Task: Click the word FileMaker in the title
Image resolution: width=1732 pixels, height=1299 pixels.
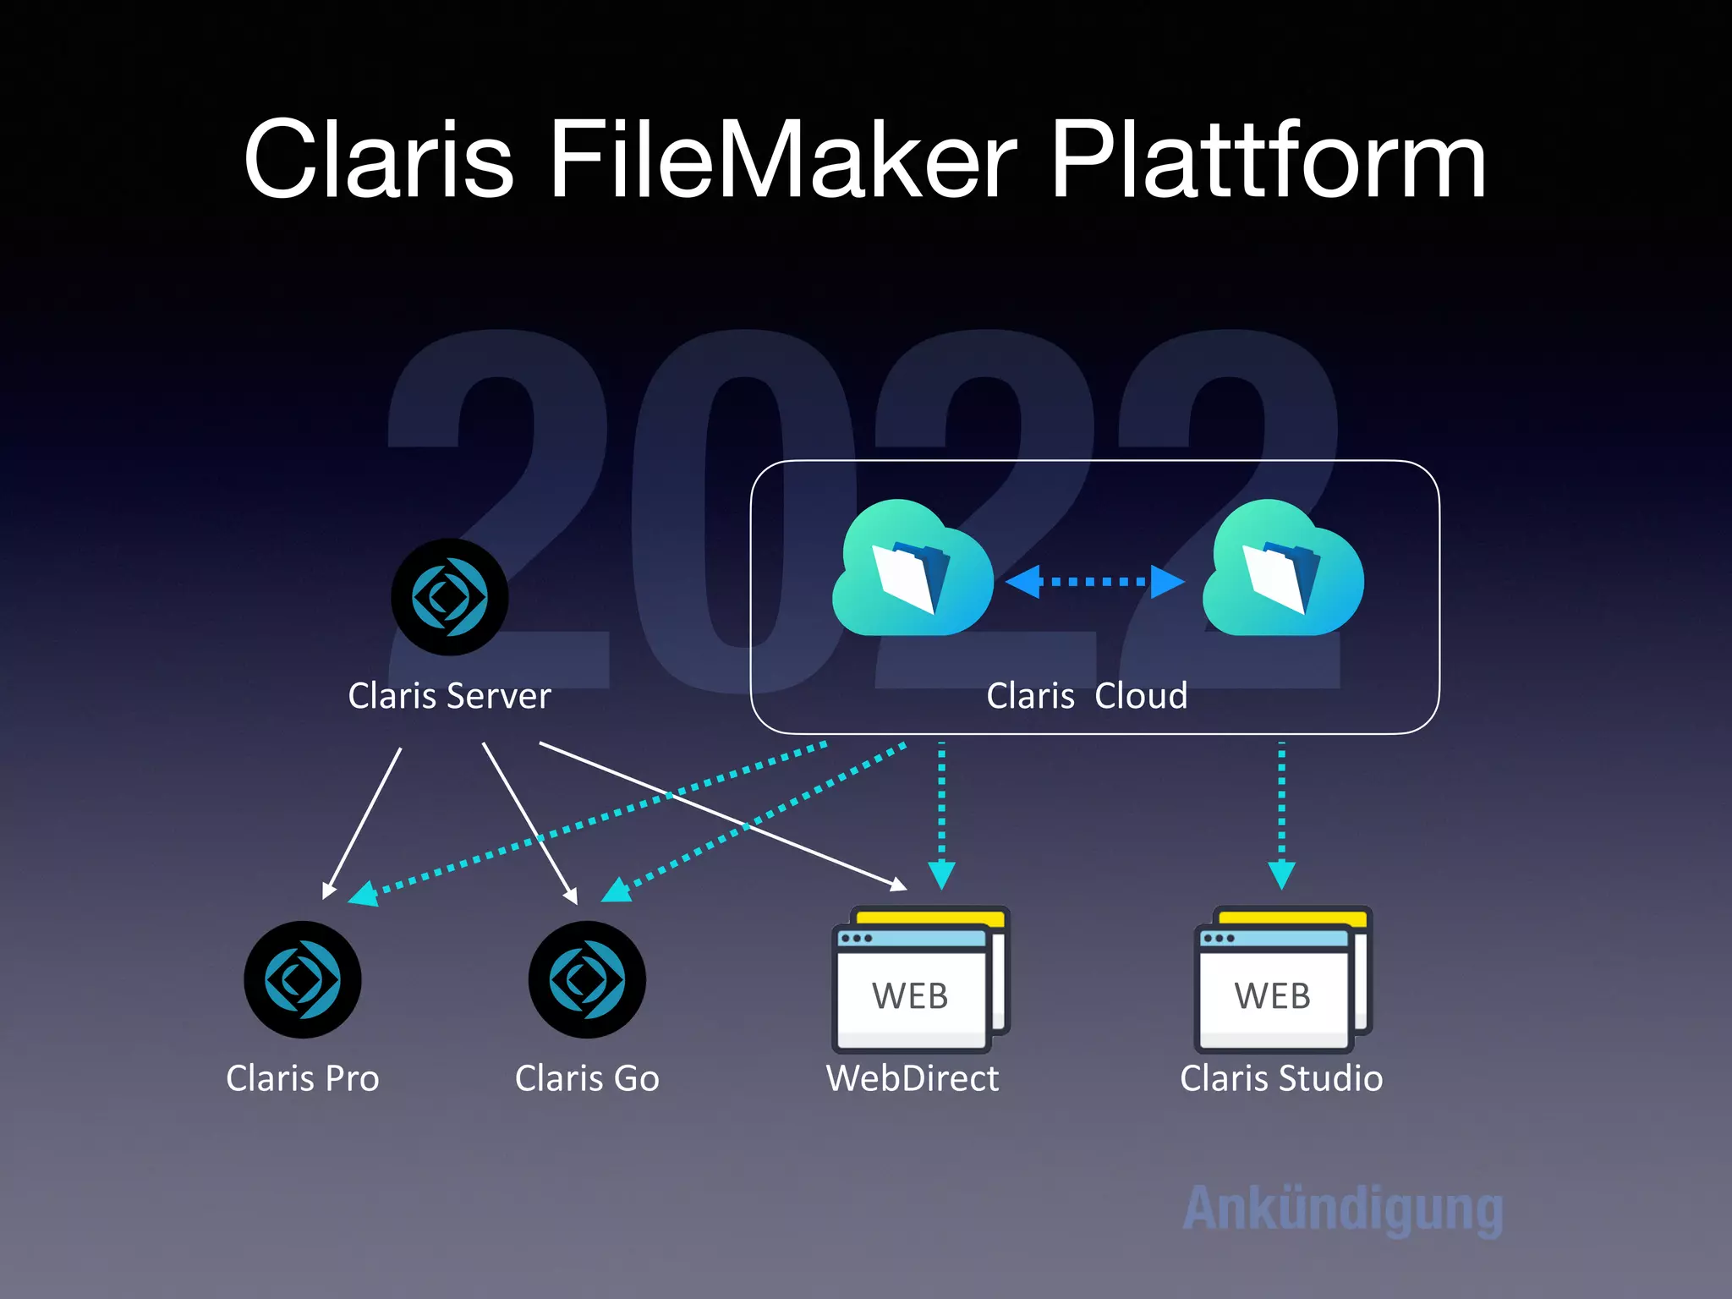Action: click(782, 161)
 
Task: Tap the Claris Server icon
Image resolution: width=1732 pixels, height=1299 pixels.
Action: click(450, 597)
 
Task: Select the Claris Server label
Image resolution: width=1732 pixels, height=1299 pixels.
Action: click(450, 696)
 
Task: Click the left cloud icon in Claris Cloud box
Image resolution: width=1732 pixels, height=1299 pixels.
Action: click(913, 569)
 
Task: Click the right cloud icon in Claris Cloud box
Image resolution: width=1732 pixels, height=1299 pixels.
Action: click(1282, 569)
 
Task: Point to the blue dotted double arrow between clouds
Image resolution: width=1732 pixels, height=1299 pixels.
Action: click(1095, 582)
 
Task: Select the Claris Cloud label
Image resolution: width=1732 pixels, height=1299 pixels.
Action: click(1087, 696)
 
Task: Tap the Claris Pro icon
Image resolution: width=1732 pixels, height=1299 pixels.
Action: click(303, 979)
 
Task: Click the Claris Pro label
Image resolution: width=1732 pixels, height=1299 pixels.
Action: click(303, 1078)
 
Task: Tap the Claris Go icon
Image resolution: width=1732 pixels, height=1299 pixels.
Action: click(587, 979)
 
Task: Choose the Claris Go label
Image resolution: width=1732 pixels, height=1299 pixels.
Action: click(587, 1078)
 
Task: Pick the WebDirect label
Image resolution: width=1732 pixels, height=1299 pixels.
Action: click(913, 1078)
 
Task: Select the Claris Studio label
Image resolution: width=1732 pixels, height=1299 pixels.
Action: click(1281, 1078)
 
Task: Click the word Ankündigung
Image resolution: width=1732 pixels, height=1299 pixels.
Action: click(1343, 1209)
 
